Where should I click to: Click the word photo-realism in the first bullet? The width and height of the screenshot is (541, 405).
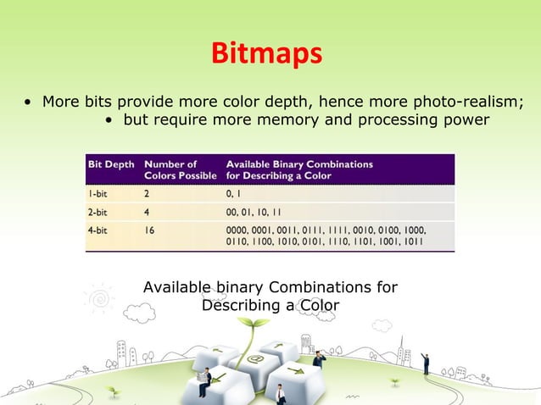point(458,103)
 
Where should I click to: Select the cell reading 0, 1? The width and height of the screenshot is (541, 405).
point(235,193)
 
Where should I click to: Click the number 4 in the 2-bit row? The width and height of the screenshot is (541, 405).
point(148,213)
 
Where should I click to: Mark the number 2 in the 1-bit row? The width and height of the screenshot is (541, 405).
point(148,193)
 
